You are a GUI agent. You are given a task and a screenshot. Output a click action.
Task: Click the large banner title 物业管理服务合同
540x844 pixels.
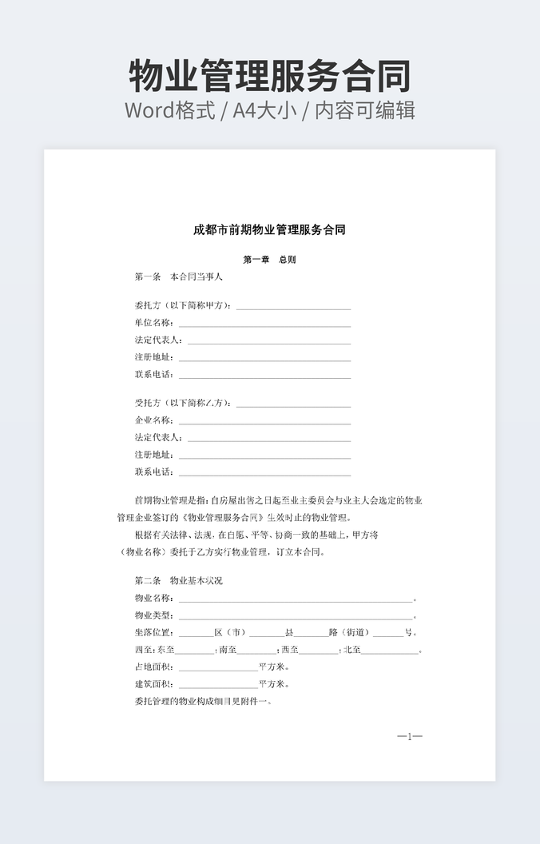click(x=269, y=76)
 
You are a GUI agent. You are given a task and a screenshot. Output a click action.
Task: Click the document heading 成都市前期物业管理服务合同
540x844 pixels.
click(x=269, y=230)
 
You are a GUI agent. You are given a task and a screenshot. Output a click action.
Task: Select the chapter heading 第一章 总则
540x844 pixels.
click(x=269, y=260)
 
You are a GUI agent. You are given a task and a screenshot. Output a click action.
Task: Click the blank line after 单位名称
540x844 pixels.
click(x=264, y=324)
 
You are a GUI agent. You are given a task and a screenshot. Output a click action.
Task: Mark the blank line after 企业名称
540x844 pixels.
click(x=264, y=422)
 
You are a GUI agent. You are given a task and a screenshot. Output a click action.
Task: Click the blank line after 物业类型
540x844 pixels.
click(x=295, y=617)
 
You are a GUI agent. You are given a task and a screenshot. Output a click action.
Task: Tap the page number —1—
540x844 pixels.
click(x=410, y=736)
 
